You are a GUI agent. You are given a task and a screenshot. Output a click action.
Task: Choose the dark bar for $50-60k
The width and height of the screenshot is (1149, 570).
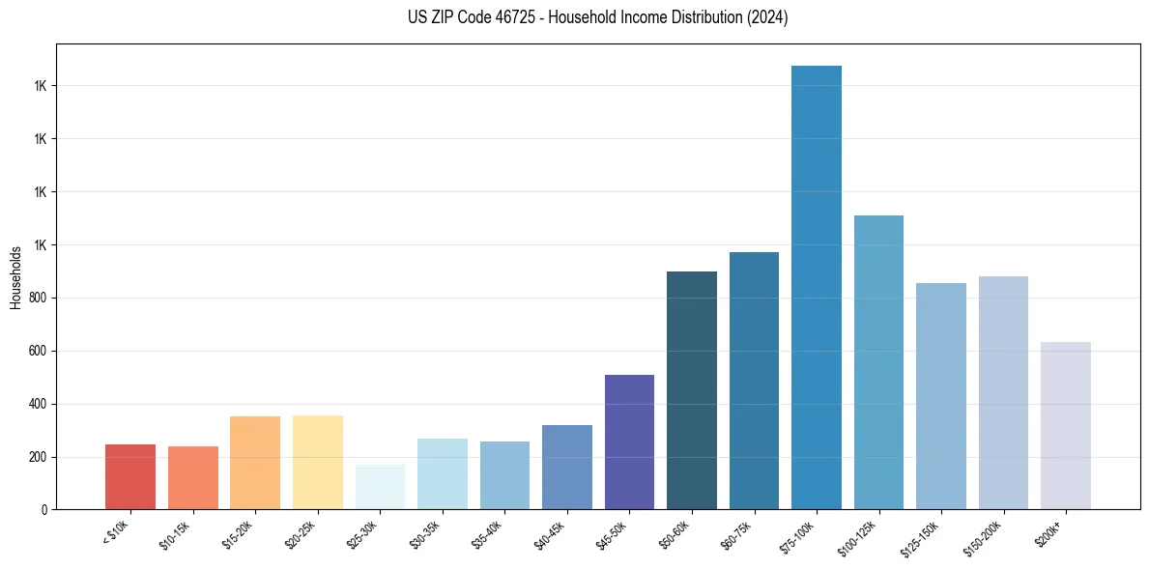click(692, 390)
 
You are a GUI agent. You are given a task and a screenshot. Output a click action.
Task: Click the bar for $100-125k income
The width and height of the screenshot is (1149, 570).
click(878, 362)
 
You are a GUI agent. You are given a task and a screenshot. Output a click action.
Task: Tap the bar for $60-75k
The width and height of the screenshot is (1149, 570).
click(754, 381)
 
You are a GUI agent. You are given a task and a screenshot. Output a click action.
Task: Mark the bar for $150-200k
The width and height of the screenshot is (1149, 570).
click(1003, 392)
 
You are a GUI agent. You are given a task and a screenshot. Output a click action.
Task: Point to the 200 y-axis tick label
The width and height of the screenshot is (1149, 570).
click(39, 457)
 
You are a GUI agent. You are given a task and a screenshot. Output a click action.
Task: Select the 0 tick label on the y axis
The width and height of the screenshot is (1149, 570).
click(44, 510)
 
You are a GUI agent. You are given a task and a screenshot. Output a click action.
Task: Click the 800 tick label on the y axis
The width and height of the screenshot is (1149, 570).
click(39, 298)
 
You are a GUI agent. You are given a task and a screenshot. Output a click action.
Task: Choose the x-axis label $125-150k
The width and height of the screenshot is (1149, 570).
click(926, 537)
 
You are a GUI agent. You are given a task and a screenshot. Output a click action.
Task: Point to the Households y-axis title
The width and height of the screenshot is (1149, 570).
click(15, 277)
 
